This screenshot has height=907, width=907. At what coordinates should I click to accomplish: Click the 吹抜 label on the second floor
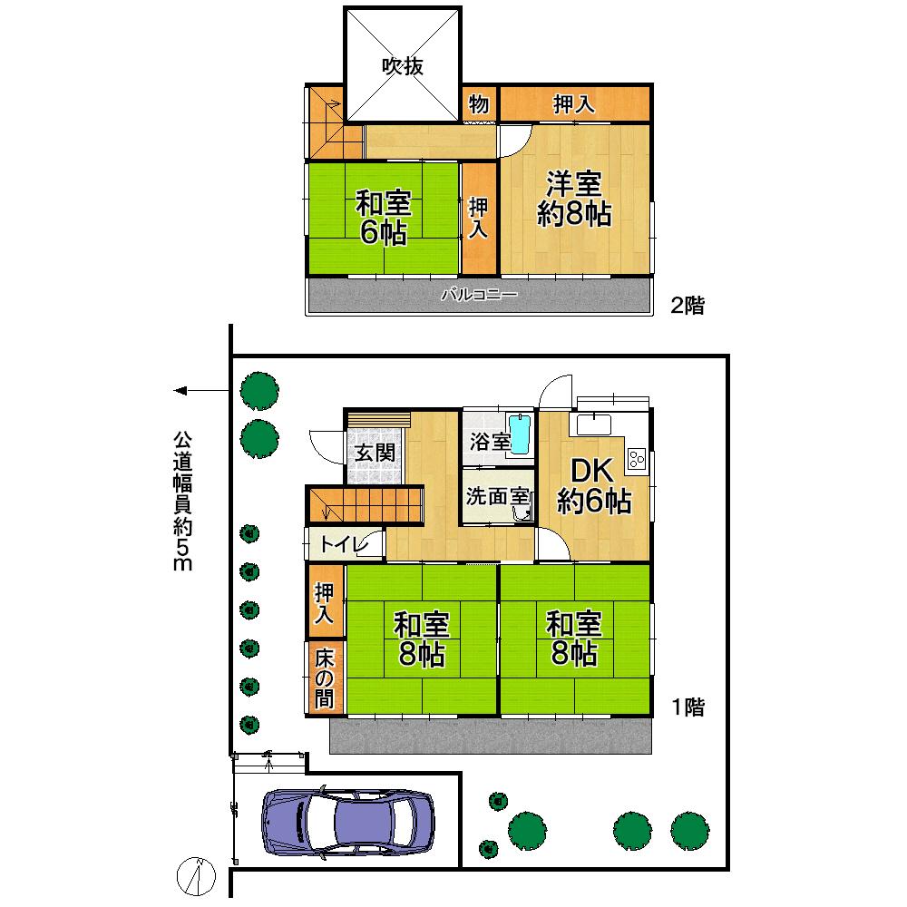[403, 67]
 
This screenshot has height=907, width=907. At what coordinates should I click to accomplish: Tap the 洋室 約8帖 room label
[574, 199]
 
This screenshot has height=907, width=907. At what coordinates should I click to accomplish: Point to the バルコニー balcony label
[479, 295]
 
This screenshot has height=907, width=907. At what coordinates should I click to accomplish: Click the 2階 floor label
[687, 306]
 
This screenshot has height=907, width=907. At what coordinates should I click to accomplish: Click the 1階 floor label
[687, 707]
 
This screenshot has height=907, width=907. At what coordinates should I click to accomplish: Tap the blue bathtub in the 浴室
[520, 434]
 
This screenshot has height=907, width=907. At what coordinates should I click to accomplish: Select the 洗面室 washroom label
[497, 497]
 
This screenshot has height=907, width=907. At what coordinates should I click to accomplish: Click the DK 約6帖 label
[593, 485]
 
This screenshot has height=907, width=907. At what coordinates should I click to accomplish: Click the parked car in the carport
[347, 823]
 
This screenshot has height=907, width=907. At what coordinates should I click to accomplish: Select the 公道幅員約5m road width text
[184, 499]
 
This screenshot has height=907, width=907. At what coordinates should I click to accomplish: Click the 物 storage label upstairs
[479, 104]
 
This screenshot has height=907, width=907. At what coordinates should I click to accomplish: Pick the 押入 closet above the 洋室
[574, 104]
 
